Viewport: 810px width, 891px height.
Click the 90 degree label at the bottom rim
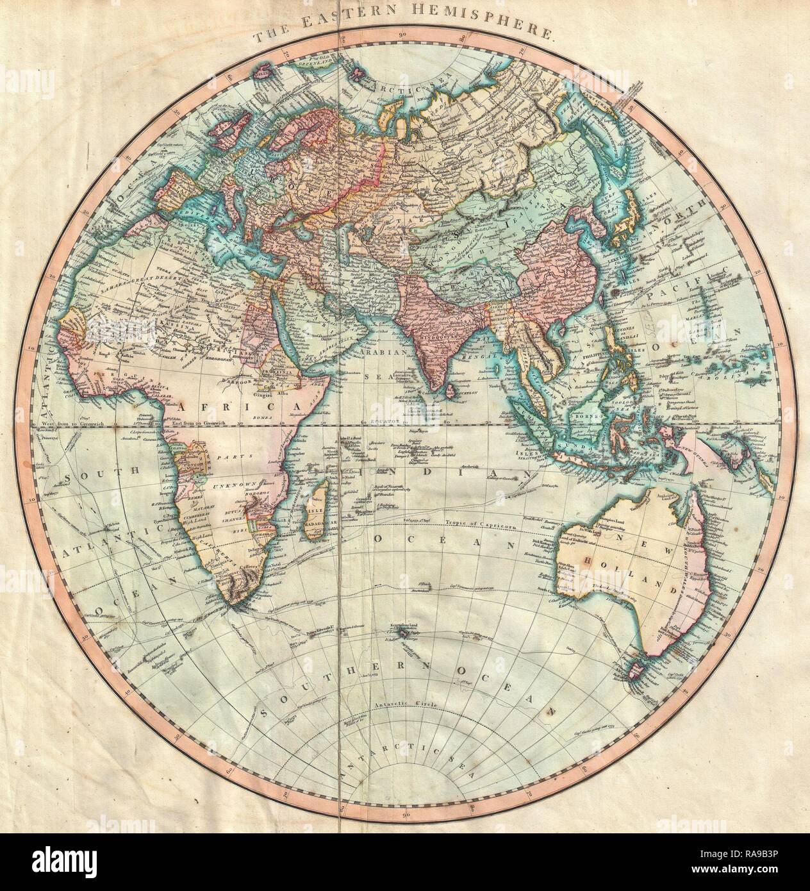pyautogui.click(x=405, y=796)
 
